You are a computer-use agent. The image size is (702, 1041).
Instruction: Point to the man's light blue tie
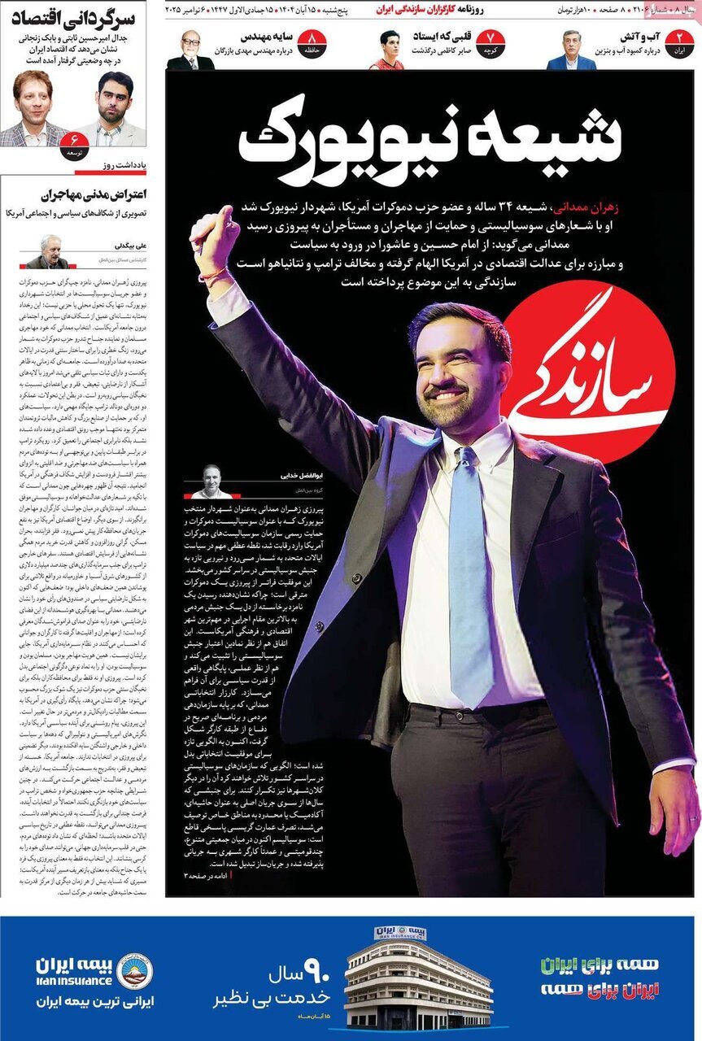tap(471, 569)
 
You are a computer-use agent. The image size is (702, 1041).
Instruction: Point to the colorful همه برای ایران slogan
tap(600, 976)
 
